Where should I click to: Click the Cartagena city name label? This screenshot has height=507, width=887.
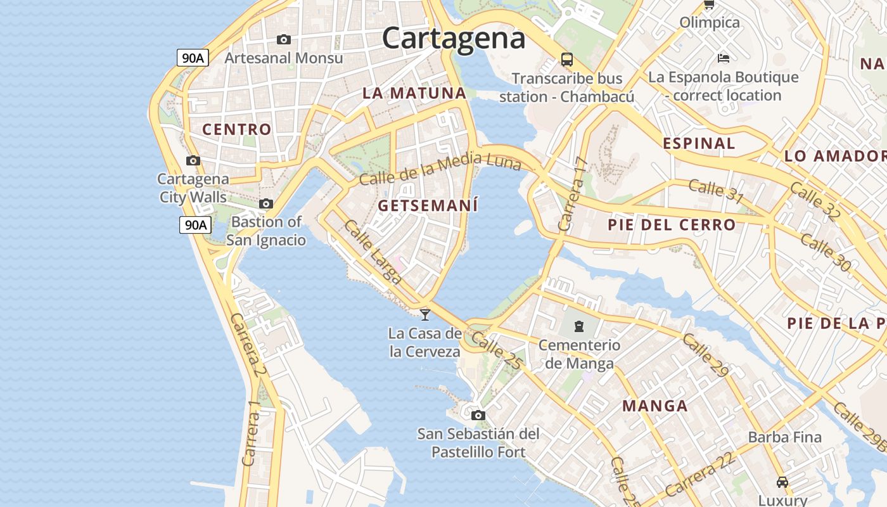pos(454,38)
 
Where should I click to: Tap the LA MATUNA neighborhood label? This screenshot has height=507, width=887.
pos(414,93)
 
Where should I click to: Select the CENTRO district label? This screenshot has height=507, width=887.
pos(237,129)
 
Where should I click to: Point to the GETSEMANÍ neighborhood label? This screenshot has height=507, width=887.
pos(428,206)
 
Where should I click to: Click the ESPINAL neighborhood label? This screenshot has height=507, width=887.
pos(699,143)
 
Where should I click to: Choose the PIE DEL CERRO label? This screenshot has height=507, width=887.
pos(672,225)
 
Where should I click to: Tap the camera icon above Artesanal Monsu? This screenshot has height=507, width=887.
pos(284,39)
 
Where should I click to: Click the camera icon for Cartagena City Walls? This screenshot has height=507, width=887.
pos(193,161)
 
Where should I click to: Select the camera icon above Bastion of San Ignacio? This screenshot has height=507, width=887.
pos(266,203)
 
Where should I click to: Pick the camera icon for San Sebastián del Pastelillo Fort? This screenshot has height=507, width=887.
pos(478,415)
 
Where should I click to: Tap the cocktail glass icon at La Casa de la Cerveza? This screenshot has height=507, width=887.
pos(425,314)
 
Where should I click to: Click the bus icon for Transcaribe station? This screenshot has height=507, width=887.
pos(567,60)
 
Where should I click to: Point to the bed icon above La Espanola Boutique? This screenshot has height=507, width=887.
pos(724,58)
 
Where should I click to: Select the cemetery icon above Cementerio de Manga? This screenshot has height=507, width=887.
pos(578,326)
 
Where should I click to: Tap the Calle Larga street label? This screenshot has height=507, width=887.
pos(373,252)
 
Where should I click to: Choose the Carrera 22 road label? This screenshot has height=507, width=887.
pos(700,475)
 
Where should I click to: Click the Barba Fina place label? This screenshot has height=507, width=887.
pos(784,437)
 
